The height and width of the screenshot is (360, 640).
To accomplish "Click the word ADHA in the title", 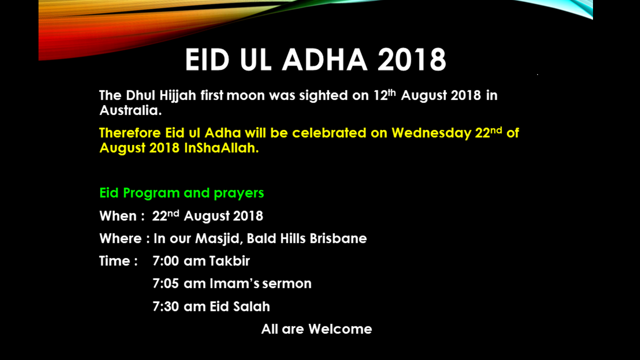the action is coord(325,59).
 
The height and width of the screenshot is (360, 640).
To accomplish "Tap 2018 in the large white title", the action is coord(411,59).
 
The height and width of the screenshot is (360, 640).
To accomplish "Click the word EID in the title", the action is coord(207,59).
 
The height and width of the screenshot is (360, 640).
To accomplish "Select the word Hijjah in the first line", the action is coord(177,95).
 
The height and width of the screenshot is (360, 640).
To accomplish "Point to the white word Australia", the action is coord(130,110).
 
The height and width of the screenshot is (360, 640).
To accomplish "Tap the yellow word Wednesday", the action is coord(431,133).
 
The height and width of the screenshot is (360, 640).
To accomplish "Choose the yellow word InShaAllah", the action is coord(221,148).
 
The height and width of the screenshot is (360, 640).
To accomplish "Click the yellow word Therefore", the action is coord(130,133).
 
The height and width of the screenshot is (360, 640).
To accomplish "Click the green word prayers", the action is coord(239,193).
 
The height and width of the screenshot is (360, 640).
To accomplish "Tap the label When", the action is coord(118,215).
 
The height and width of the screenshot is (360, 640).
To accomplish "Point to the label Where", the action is coord(120,238).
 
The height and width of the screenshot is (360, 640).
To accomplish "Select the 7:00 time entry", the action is coord(165,261).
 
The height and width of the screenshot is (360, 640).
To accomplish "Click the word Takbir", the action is coord(229,261).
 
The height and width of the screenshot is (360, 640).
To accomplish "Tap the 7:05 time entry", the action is coord(165,283).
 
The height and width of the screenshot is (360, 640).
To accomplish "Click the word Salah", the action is coord(251,306).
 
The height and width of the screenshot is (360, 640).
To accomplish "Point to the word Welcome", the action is coord(340,329).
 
